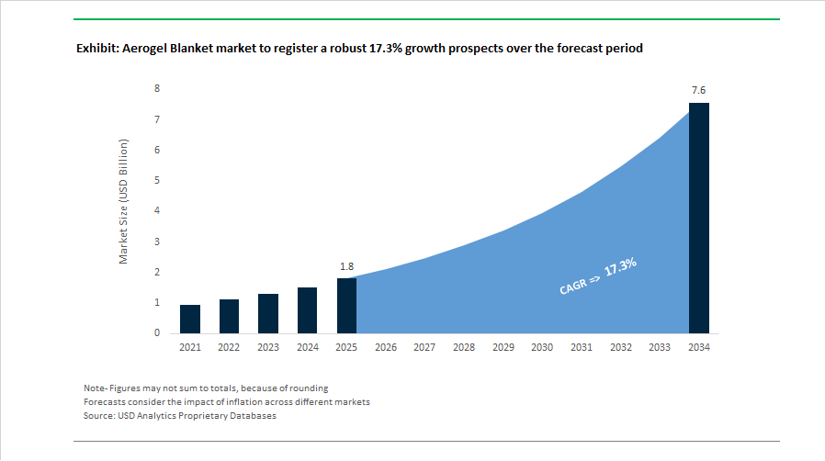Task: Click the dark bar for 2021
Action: point(190,319)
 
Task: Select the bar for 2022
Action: point(229,316)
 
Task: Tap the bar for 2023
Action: point(268,313)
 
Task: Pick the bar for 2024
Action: point(307,310)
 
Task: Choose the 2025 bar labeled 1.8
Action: point(346,306)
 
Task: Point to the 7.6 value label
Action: point(698,91)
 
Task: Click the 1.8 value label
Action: point(346,266)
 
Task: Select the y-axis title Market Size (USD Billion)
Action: point(124,202)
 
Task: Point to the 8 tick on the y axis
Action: point(157,89)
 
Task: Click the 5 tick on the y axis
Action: point(157,180)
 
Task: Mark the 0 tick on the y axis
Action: point(157,333)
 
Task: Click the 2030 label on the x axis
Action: point(542,348)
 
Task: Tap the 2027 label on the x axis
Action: point(424,348)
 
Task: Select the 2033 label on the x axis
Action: point(660,348)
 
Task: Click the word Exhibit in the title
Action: point(97,49)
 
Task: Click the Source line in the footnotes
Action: point(179,416)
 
